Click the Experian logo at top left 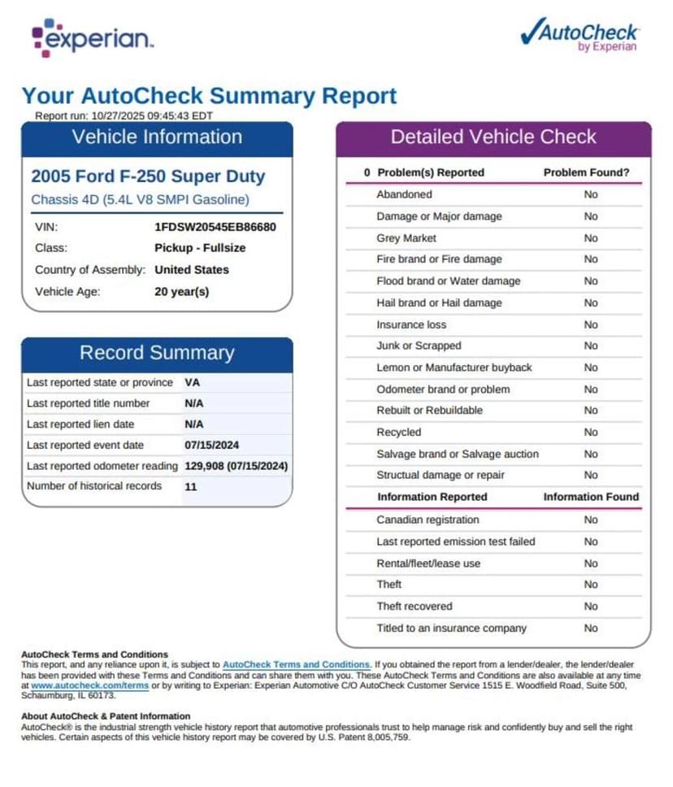91,38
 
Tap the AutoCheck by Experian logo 579,35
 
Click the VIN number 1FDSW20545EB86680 215,227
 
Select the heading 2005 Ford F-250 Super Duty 148,176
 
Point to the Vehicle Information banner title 157,137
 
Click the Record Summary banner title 157,353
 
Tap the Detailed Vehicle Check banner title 493,137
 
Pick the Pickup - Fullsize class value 200,248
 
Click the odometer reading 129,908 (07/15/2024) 237,466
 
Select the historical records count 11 191,486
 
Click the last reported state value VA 193,382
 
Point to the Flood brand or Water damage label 449,281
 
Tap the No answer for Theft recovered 591,607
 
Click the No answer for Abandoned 591,194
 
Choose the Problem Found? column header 586,172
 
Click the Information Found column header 591,497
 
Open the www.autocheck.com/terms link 89,686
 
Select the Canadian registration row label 428,520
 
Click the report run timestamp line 124,115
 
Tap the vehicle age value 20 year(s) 181,291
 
